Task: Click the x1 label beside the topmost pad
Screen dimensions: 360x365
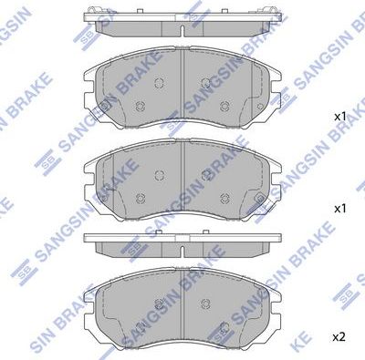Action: pos(339,117)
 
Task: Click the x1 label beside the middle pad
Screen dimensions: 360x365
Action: pos(339,209)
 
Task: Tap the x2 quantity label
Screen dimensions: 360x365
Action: pos(339,337)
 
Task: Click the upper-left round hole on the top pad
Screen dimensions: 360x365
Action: pos(161,84)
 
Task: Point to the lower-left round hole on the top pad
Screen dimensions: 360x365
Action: pos(140,107)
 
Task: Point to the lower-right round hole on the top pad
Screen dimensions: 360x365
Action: pos(225,107)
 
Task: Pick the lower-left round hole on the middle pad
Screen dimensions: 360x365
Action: pos(140,198)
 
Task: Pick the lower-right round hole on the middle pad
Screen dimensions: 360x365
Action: pos(225,198)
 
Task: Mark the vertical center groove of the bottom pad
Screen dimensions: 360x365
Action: pos(182,305)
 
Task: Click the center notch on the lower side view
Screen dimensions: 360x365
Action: pos(182,238)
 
